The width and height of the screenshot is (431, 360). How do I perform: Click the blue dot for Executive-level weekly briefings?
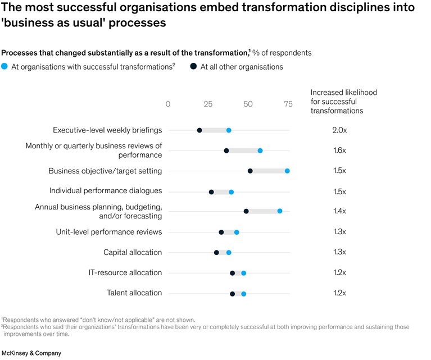pyautogui.click(x=229, y=130)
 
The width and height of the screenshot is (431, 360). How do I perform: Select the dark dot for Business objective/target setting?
pyautogui.click(x=250, y=171)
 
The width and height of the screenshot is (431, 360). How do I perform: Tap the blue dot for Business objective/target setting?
pyautogui.click(x=287, y=171)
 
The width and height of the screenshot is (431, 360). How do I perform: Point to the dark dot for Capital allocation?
pyautogui.click(x=216, y=253)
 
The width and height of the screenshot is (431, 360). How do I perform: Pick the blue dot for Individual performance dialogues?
pyautogui.click(x=231, y=192)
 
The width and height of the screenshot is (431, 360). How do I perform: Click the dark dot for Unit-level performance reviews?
pyautogui.click(x=221, y=232)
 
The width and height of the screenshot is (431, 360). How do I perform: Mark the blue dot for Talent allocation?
pyautogui.click(x=243, y=293)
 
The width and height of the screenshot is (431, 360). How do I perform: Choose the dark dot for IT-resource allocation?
pyautogui.click(x=232, y=273)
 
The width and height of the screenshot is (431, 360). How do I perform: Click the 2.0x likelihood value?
pyautogui.click(x=339, y=130)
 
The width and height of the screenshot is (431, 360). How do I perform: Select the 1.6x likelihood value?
pyautogui.click(x=339, y=151)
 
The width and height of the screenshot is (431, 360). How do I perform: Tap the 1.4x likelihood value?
pyautogui.click(x=339, y=211)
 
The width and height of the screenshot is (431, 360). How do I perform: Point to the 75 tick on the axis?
pyautogui.click(x=288, y=104)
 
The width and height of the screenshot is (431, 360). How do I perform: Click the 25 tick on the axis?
pyautogui.click(x=208, y=104)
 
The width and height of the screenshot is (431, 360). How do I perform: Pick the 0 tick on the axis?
pyautogui.click(x=168, y=104)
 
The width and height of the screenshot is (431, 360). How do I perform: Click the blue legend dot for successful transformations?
pyautogui.click(x=4, y=67)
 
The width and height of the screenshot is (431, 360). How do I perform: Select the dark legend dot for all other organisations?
pyautogui.click(x=193, y=67)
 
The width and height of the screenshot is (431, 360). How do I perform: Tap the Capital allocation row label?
pyautogui.click(x=133, y=253)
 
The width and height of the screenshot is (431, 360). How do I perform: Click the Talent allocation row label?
pyautogui.click(x=134, y=293)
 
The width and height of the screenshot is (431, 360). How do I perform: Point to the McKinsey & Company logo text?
pyautogui.click(x=31, y=353)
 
